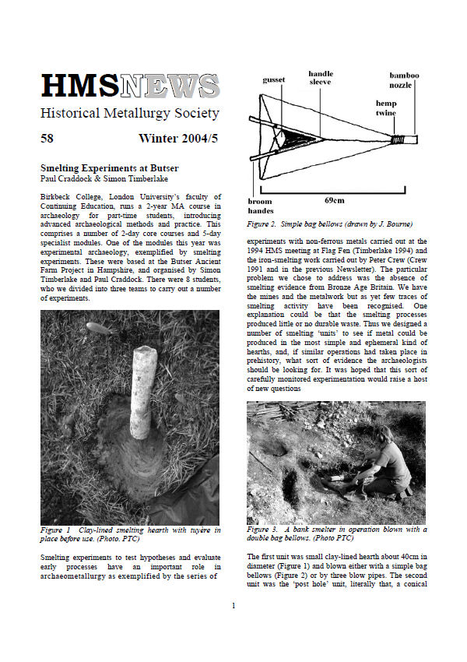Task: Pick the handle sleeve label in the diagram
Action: coord(320,78)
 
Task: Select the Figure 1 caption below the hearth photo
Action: coord(130,533)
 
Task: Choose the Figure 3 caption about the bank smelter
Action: coord(335,533)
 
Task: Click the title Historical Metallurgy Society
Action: coord(130,114)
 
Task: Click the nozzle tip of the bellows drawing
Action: coord(423,139)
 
